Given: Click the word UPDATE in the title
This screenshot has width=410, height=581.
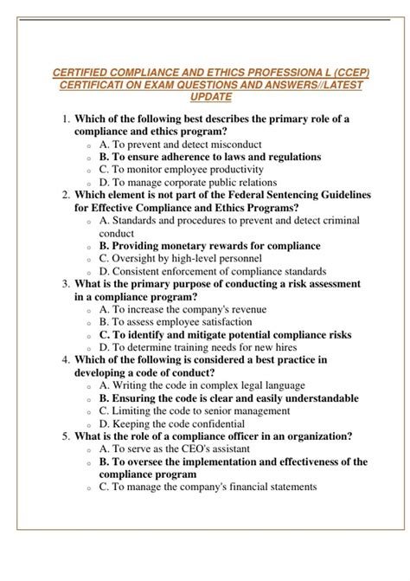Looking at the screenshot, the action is point(204,99).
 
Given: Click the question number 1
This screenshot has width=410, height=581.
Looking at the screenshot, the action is point(66,119).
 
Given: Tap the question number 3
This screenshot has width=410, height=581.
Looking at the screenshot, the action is point(66,283).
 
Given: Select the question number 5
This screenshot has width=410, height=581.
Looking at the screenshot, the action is point(66,436).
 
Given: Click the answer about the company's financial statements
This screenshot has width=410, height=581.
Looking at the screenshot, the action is point(208,487).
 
